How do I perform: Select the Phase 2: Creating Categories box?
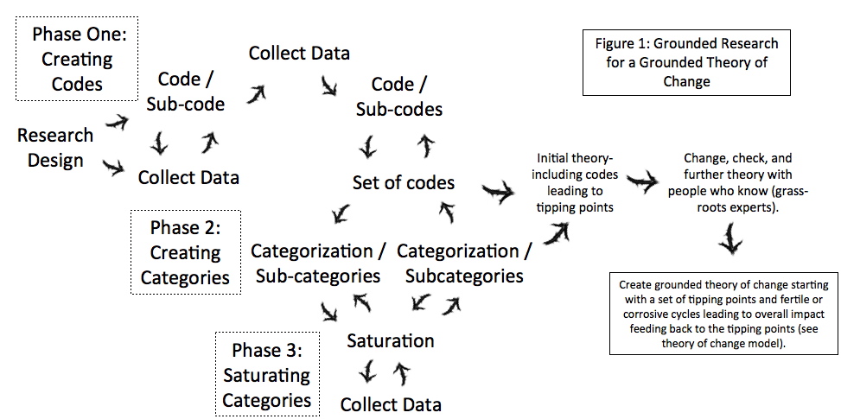click(185, 252)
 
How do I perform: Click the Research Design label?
click(54, 148)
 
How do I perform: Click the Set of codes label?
click(403, 183)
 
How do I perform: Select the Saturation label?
click(390, 340)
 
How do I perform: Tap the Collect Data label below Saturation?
click(391, 404)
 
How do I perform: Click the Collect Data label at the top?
click(299, 54)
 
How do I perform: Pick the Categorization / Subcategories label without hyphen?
click(464, 263)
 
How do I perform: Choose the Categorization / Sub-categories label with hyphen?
click(315, 263)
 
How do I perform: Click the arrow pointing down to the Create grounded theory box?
click(730, 238)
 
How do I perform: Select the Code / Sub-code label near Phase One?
click(191, 92)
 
